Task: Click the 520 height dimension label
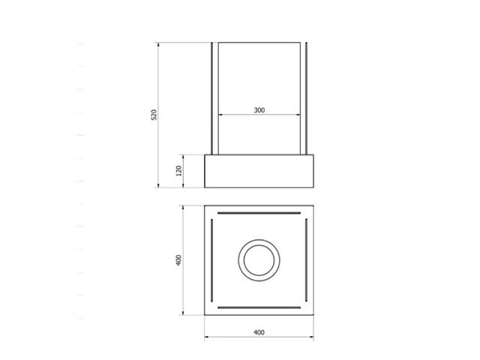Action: pyautogui.click(x=154, y=115)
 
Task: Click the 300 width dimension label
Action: pyautogui.click(x=259, y=110)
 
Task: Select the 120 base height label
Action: pyautogui.click(x=178, y=171)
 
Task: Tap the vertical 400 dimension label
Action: pyautogui.click(x=178, y=260)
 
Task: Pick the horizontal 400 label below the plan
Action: pyautogui.click(x=259, y=331)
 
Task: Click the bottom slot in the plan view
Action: pyautogui.click(x=259, y=307)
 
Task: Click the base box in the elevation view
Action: pyautogui.click(x=259, y=171)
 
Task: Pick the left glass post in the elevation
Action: pyautogui.click(x=213, y=98)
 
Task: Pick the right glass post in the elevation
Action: pyautogui.click(x=305, y=98)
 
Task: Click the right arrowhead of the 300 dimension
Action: pyautogui.click(x=300, y=115)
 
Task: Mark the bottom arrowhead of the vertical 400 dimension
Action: pyautogui.click(x=183, y=313)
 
